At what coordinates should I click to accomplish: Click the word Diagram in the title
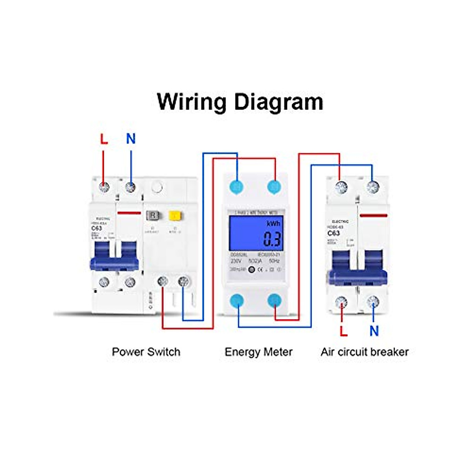click(x=278, y=102)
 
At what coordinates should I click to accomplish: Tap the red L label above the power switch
click(x=104, y=139)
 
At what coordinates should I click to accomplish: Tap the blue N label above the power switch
click(x=131, y=139)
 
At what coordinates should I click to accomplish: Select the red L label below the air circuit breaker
click(x=343, y=331)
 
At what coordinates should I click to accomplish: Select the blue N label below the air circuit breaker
click(x=374, y=331)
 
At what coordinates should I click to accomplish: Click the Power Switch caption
click(x=146, y=352)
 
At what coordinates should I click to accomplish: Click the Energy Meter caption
click(x=258, y=352)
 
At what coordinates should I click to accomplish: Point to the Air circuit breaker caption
click(x=365, y=352)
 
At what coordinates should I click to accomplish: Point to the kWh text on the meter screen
click(x=273, y=223)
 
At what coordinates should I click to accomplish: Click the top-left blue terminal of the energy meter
click(x=237, y=187)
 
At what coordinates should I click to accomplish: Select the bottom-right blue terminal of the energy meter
click(x=275, y=301)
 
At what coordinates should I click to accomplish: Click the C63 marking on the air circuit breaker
click(x=334, y=233)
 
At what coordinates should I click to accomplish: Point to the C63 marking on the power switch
click(x=97, y=228)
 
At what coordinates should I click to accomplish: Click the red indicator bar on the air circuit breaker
click(x=373, y=215)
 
